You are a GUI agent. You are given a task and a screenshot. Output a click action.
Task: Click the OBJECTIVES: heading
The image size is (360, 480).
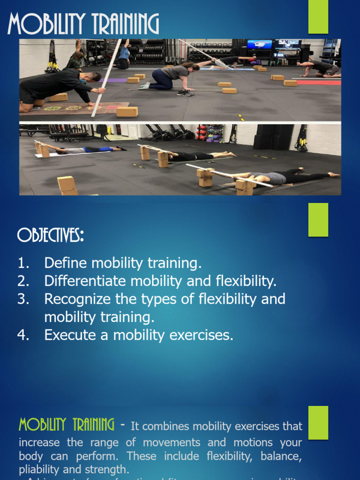(51, 235)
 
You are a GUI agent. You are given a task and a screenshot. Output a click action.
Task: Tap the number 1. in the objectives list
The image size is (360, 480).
(24, 263)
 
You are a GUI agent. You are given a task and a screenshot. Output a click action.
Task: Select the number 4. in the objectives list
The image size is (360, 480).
(24, 335)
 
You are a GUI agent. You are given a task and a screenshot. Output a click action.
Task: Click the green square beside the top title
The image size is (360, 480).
(318, 17)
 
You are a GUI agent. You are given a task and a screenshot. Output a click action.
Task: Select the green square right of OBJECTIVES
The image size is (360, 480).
(318, 219)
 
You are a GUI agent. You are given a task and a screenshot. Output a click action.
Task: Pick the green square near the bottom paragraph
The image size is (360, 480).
(318, 422)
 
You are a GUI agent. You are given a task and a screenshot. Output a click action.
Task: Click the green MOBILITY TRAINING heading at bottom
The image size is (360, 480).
(66, 425)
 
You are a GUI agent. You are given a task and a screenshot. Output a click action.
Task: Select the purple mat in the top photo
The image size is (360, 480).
(110, 80)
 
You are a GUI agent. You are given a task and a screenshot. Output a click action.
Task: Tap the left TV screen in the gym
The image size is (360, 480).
(259, 45)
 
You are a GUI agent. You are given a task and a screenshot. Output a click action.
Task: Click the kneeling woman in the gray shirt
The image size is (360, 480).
(171, 76)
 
